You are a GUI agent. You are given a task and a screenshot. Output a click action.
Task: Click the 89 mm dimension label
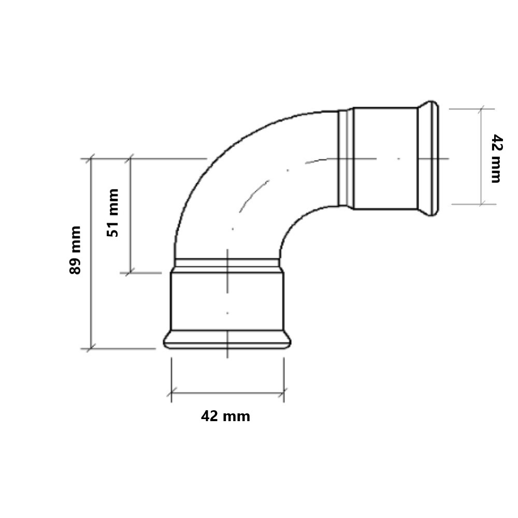(x=75, y=250)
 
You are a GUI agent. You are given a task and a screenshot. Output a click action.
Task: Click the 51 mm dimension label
(x=112, y=213)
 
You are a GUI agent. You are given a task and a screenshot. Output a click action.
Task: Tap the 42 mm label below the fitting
(x=226, y=416)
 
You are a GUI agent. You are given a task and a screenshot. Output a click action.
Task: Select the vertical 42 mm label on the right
(x=496, y=159)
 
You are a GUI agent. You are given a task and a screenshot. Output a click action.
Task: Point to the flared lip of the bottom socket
(x=227, y=339)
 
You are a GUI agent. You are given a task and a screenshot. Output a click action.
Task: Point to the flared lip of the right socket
(x=428, y=159)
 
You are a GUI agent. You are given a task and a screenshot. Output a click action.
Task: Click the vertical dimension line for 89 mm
(x=91, y=253)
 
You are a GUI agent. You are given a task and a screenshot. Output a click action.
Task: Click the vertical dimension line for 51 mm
(x=131, y=215)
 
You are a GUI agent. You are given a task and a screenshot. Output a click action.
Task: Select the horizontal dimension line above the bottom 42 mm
(x=227, y=393)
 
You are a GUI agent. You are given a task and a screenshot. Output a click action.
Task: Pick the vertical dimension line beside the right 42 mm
(x=481, y=156)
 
